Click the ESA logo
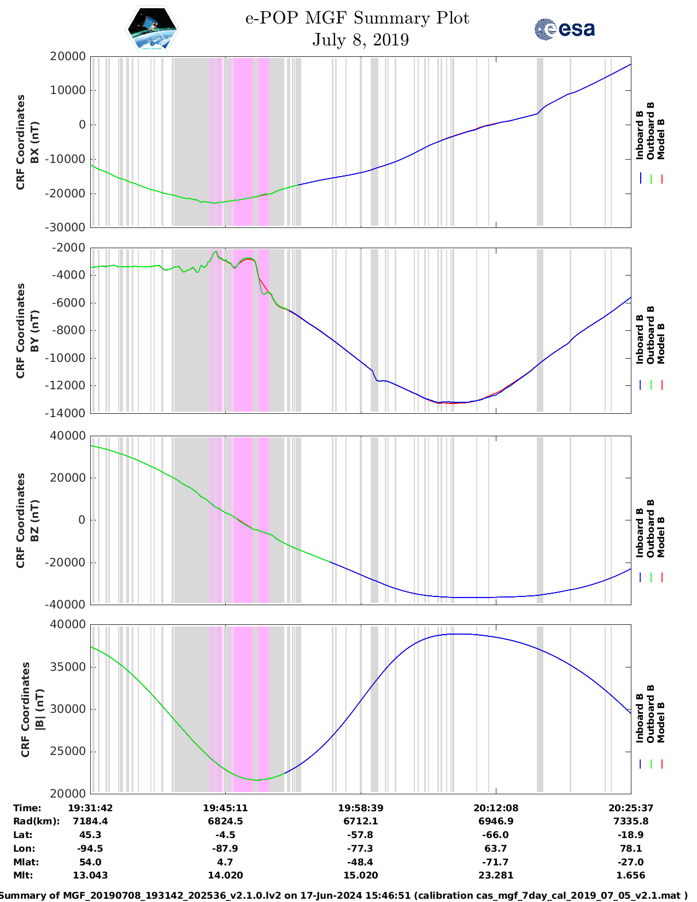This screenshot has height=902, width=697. tap(565, 29)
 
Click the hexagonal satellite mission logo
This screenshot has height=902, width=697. tap(153, 29)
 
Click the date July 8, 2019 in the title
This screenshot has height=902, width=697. tap(360, 40)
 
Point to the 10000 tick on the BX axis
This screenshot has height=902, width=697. tap(69, 90)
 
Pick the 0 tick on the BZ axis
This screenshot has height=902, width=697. tap(82, 520)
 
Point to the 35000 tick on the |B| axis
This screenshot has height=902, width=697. tap(69, 667)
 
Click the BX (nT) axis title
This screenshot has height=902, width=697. tap(35, 142)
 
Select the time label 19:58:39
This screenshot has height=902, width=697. tap(360, 808)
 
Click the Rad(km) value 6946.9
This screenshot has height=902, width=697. tap(495, 821)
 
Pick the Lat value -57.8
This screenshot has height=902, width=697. tap(360, 835)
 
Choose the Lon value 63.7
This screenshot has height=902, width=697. tap(495, 848)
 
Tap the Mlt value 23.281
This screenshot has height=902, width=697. tap(495, 875)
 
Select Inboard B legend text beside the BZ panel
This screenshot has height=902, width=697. tap(640, 532)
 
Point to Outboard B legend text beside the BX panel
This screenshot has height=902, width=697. tap(651, 131)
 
